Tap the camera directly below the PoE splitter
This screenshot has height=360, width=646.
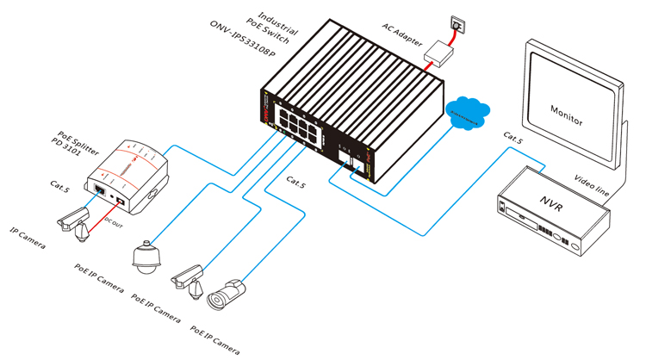(x=72, y=220)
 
